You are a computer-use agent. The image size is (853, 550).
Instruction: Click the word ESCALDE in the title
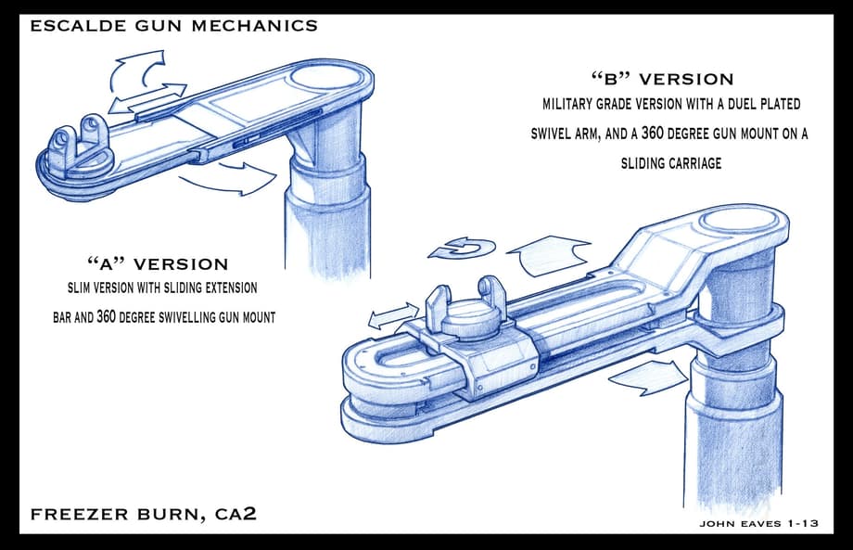coord(68,25)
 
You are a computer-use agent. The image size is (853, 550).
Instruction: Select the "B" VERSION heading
coord(662,79)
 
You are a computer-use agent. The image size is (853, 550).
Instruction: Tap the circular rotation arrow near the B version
coord(455,249)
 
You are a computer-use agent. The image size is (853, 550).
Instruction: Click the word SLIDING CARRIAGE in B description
coord(671,163)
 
